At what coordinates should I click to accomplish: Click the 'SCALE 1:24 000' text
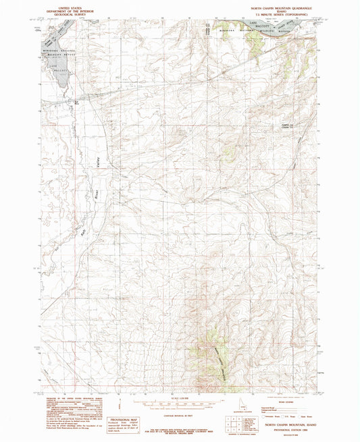pos(179,395)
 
